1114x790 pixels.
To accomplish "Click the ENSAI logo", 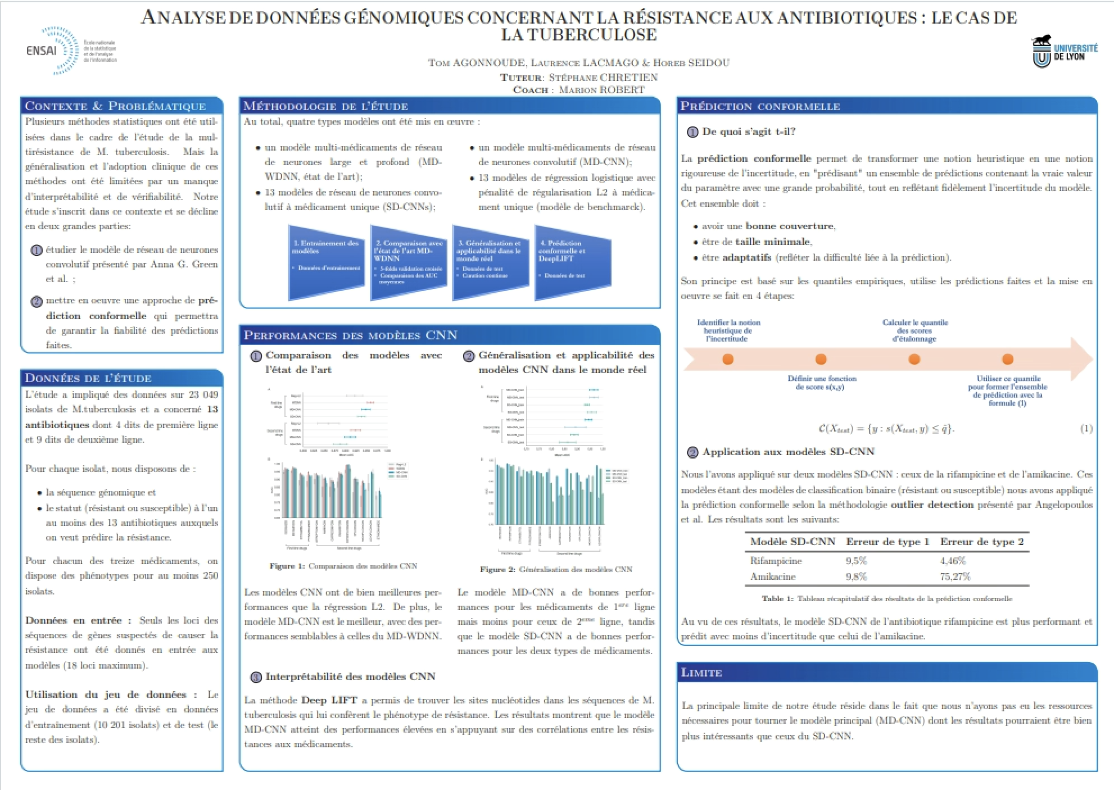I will pyautogui.click(x=70, y=51).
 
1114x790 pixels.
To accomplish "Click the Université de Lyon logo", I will pyautogui.click(x=1065, y=52).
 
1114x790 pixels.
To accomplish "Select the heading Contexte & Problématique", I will pyautogui.click(x=115, y=106).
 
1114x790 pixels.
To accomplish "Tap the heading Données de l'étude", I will pyautogui.click(x=88, y=378).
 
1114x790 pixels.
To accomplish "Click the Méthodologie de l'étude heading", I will pyautogui.click(x=326, y=106).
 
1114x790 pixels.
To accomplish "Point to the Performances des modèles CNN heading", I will pyautogui.click(x=350, y=335).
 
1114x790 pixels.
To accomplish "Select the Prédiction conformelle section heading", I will pyautogui.click(x=760, y=106).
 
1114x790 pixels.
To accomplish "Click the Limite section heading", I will pyautogui.click(x=701, y=673).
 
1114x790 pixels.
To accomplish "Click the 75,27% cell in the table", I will pyautogui.click(x=955, y=576).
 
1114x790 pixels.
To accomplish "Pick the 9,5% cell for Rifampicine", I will pyautogui.click(x=856, y=561).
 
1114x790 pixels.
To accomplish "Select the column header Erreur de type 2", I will pyautogui.click(x=981, y=542).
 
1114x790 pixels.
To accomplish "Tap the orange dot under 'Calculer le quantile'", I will pyautogui.click(x=914, y=359).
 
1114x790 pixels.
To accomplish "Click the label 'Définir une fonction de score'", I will pyautogui.click(x=821, y=383).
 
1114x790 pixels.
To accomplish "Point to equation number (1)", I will pyautogui.click(x=1086, y=429).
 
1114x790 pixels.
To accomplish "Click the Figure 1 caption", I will pyautogui.click(x=343, y=566).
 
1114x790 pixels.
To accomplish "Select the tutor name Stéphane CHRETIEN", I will pyautogui.click(x=603, y=77).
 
